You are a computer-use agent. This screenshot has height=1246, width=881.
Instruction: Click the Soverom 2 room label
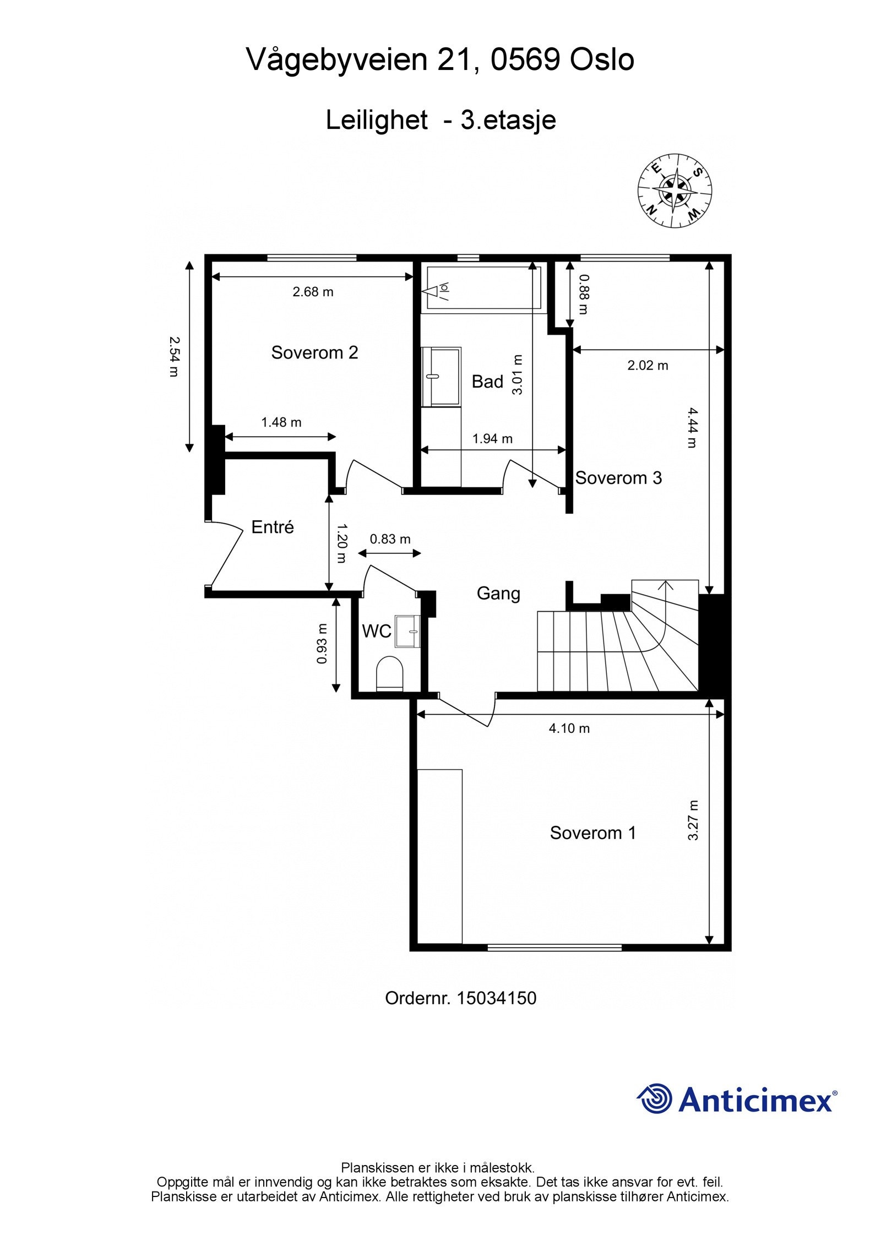[x=314, y=352]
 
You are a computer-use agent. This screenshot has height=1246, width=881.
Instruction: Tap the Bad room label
[x=487, y=382]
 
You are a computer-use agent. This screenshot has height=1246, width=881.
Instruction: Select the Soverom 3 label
[x=618, y=478]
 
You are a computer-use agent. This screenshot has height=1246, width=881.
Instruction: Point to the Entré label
[x=273, y=527]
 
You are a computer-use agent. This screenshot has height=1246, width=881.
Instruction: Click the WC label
[x=377, y=632]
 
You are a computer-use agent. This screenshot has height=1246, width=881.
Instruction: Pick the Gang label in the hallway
[x=498, y=594]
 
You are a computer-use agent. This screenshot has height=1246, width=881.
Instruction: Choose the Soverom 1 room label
[x=593, y=833]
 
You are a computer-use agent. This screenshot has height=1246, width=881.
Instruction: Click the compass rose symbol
[x=675, y=191]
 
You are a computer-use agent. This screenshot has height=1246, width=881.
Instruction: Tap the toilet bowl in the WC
[x=390, y=672]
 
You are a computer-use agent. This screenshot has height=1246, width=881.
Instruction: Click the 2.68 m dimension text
[x=313, y=292]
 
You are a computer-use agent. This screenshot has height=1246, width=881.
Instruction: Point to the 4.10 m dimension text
[x=569, y=729]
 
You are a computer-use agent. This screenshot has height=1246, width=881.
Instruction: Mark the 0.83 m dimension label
[x=390, y=539]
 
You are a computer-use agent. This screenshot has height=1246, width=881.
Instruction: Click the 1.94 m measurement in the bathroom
[x=492, y=439]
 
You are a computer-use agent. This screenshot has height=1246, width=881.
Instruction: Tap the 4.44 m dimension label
[x=692, y=427]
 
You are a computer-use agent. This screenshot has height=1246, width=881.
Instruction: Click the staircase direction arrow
[x=665, y=606]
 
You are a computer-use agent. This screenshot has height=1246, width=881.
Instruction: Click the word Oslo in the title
[x=602, y=59]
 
